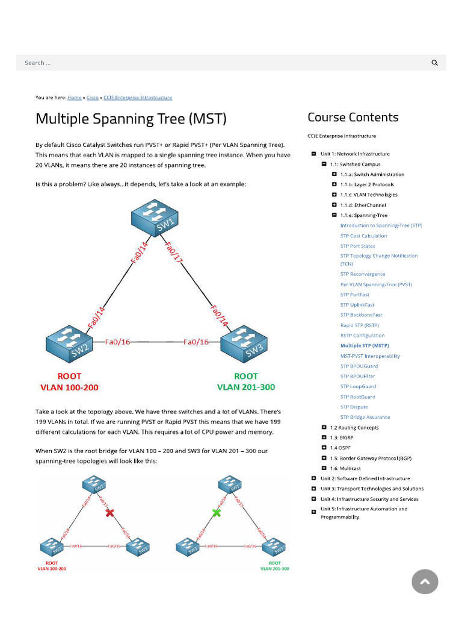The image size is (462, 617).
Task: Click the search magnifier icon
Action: pos(434,63)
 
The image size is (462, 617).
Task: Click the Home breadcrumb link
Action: pos(75,97)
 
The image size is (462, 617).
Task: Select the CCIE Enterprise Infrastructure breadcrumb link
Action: pos(138,97)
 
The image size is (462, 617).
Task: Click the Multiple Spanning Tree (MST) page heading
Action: pos(131,118)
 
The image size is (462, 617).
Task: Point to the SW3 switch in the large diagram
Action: pos(243,344)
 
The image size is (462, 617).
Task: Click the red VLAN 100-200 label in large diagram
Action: pos(69,387)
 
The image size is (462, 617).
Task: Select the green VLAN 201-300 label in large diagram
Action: pos(246,387)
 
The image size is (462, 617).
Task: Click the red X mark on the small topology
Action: pos(109,513)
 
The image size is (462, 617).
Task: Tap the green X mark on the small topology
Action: pos(217,513)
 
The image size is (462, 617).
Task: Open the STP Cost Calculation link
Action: pos(363,236)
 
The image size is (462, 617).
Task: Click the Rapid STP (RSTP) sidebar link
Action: pos(359,325)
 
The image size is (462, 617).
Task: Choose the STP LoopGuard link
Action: pos(358,386)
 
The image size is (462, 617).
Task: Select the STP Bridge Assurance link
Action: pos(365,417)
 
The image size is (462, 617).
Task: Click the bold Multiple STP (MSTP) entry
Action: pos(365,346)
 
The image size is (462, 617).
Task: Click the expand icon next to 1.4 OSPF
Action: pos(324,448)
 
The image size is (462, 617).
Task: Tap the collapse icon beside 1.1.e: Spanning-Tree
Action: pos(334,215)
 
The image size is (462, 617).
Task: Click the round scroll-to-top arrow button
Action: pos(425,581)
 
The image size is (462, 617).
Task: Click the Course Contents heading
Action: pos(353,117)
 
